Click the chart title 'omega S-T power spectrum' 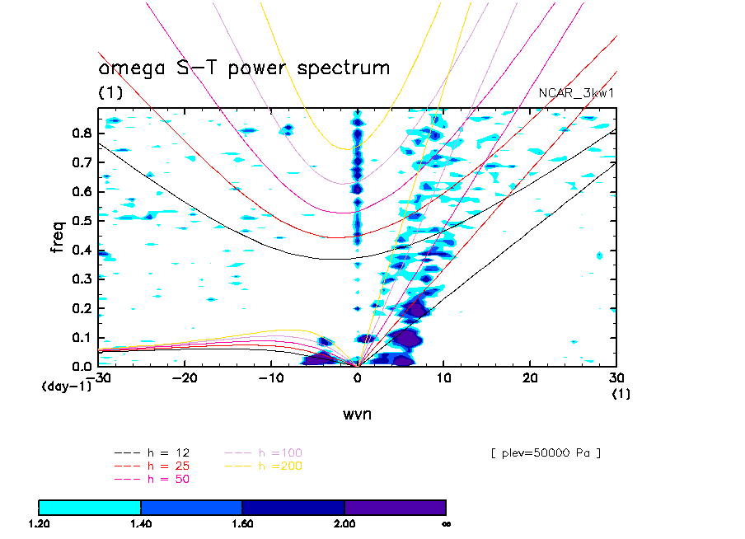click(244, 68)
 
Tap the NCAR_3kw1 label click(576, 93)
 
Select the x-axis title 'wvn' click(357, 414)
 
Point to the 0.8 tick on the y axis click(84, 134)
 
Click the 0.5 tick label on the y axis click(84, 221)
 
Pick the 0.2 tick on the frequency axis click(84, 308)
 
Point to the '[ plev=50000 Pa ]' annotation click(545, 453)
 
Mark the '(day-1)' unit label click(65, 386)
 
